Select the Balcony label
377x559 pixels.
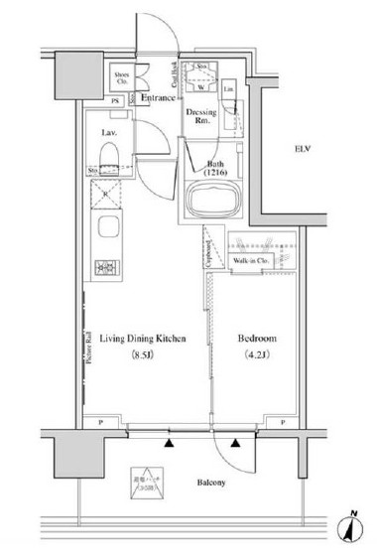point(209,483)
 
